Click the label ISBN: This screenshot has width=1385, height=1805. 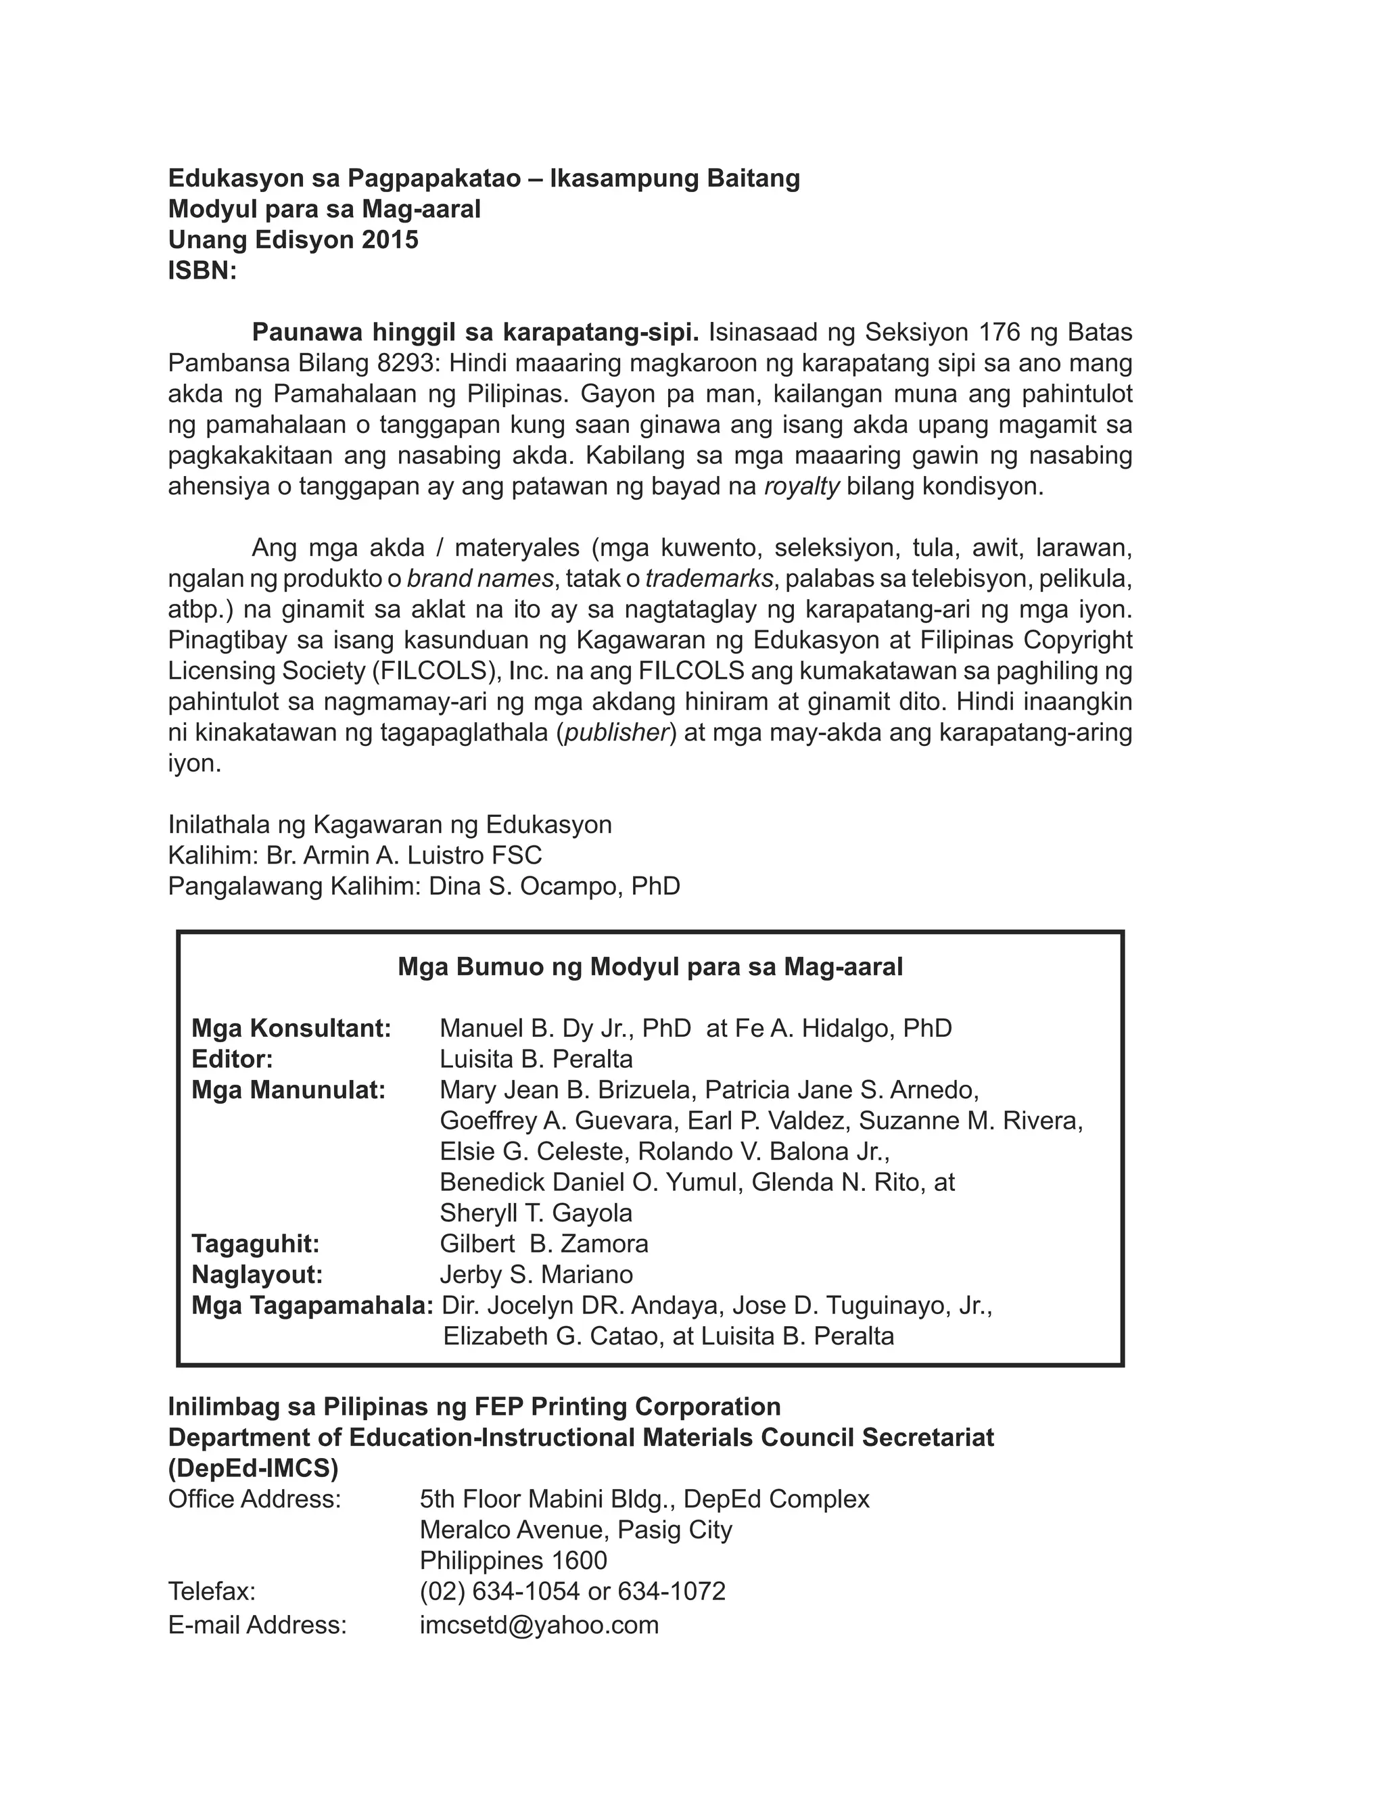202,271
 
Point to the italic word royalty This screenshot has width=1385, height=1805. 801,486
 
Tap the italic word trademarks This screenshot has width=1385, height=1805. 709,579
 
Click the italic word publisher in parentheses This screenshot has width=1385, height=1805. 616,732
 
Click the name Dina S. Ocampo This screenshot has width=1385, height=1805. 526,886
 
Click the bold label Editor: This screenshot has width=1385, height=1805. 233,1059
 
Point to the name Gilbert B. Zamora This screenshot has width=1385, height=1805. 544,1244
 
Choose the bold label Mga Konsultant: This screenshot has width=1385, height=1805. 291,1029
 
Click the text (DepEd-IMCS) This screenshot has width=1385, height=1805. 253,1469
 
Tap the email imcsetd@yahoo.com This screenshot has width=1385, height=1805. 539,1624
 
